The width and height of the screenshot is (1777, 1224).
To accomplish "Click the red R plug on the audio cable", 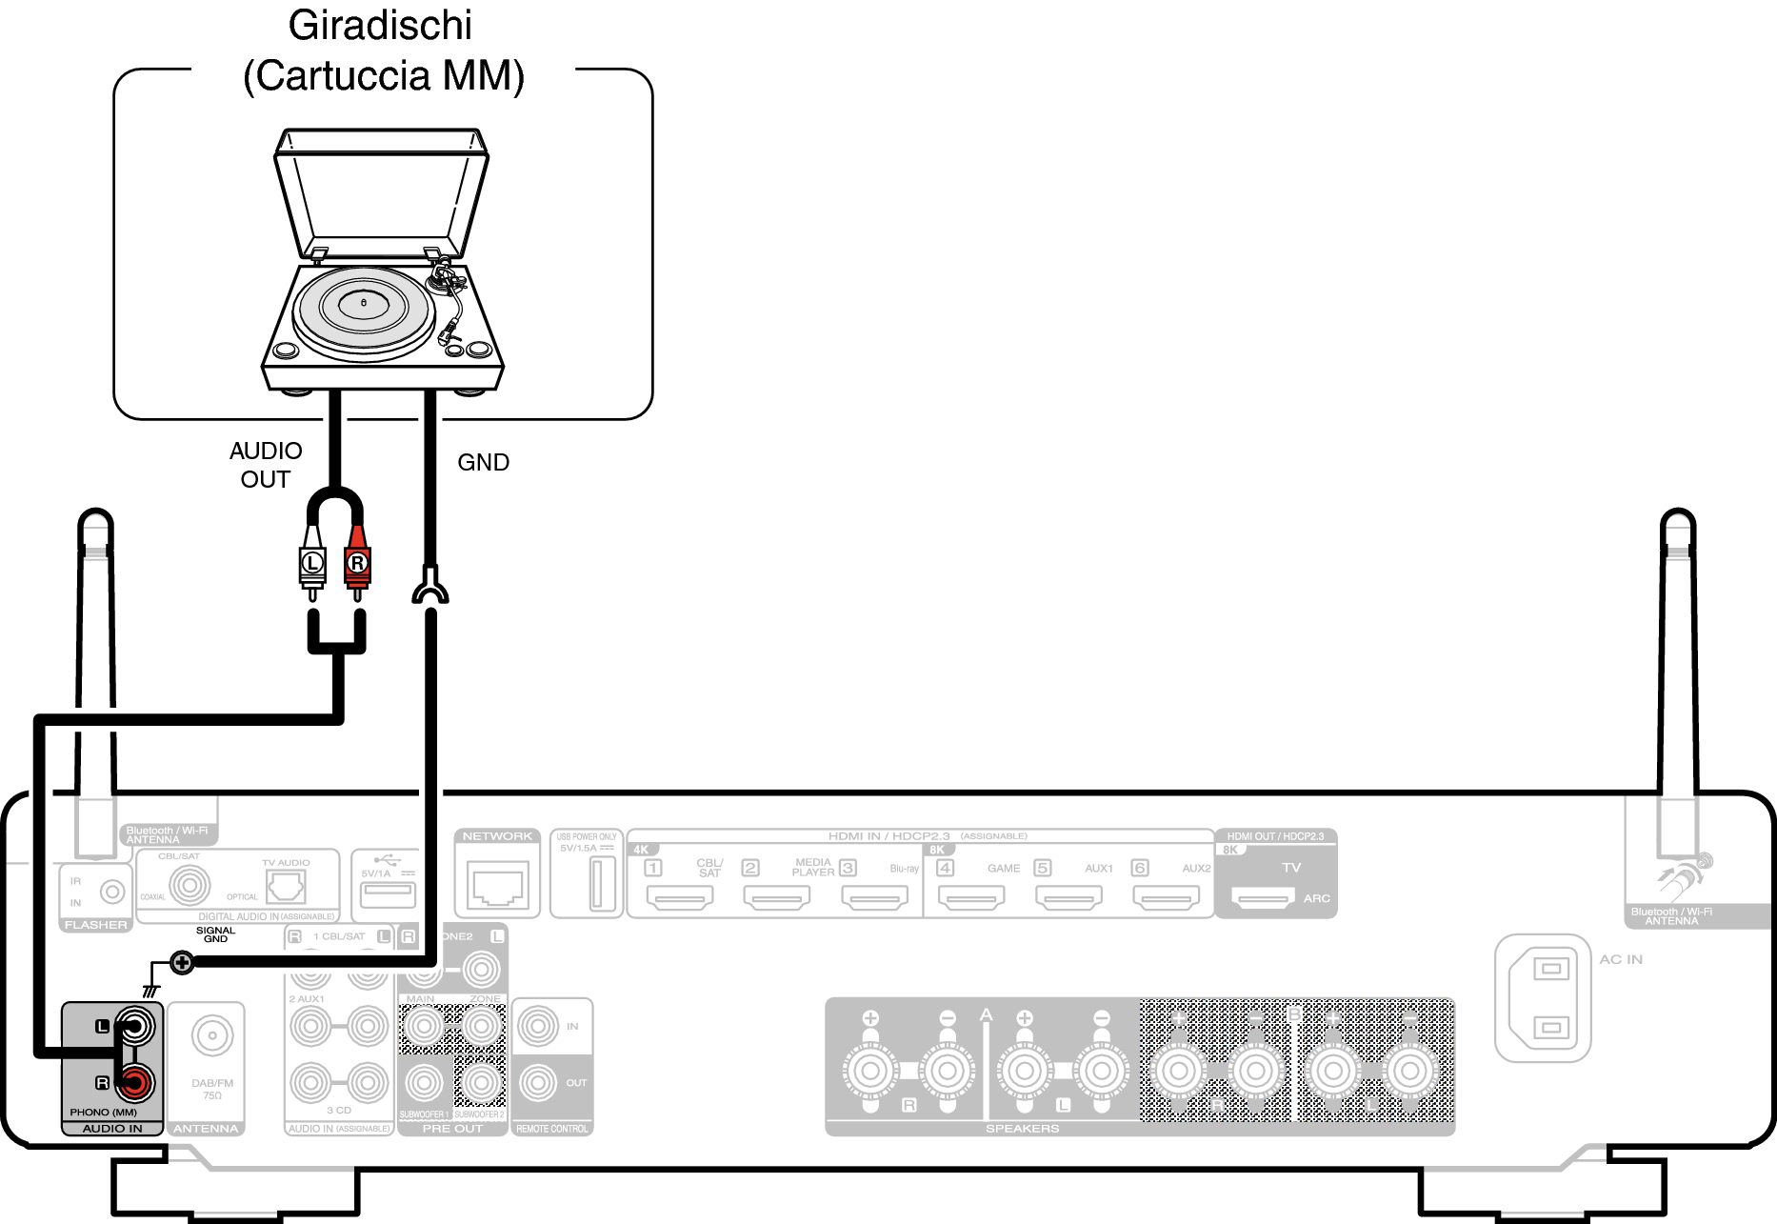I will point(357,564).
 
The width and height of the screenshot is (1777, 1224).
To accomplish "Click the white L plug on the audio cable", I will point(312,564).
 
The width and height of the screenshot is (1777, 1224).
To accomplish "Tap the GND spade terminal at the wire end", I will point(430,586).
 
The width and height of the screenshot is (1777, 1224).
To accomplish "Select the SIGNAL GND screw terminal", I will point(182,963).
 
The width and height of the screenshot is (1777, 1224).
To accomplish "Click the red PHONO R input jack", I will point(134,1082).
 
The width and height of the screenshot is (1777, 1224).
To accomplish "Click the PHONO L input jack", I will point(134,1026).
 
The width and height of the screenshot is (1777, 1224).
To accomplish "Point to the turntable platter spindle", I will point(363,303).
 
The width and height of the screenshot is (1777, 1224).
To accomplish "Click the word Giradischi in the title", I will point(380,26).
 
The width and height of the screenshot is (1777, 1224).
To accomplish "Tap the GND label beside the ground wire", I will point(483,463).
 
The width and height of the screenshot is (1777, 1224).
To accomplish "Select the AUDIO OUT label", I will point(266,465).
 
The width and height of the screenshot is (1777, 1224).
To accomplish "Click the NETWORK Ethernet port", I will point(497,885).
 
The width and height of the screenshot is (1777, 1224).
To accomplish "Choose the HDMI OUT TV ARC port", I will point(1263,896).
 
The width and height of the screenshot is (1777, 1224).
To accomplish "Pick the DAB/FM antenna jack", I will point(211,1035).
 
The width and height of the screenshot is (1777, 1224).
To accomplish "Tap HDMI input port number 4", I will point(971,896).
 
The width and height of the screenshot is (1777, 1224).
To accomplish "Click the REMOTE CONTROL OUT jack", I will point(538,1082).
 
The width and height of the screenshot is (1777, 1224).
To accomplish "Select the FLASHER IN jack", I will point(112,893).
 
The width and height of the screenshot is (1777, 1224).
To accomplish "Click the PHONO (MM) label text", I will point(103,1112).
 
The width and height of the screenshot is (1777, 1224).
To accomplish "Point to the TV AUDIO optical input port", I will point(286,889).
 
